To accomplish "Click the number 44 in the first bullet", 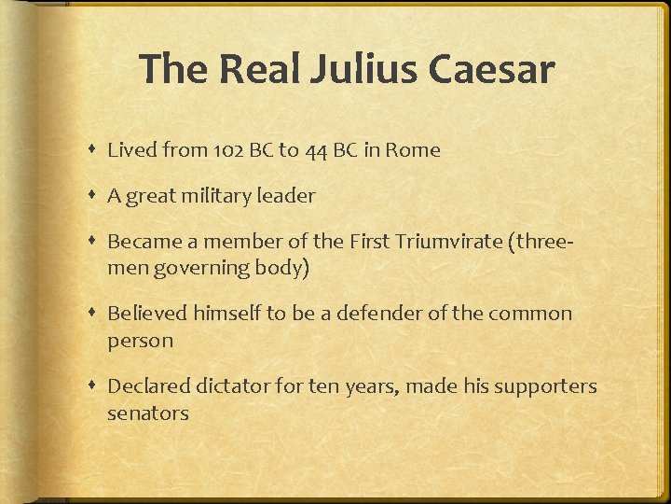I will pyautogui.click(x=317, y=150).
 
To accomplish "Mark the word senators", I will pyautogui.click(x=148, y=413).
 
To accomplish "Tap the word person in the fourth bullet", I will pyautogui.click(x=140, y=341).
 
